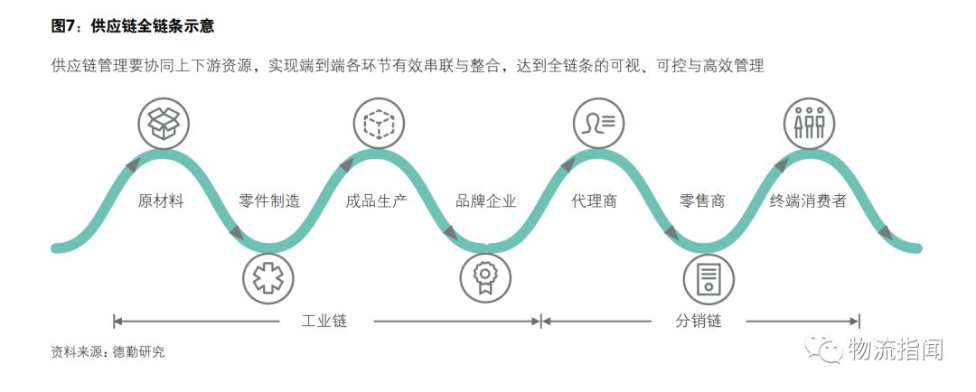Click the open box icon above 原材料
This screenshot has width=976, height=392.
click(x=163, y=124)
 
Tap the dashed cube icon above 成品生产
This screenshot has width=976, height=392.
click(x=379, y=124)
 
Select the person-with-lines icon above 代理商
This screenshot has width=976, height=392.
click(x=599, y=124)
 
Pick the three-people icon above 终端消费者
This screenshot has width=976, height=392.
click(x=808, y=124)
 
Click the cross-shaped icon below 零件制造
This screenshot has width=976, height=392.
click(x=268, y=278)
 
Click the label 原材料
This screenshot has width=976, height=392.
click(x=161, y=201)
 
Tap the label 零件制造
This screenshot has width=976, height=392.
click(x=269, y=201)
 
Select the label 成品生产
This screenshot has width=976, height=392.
click(x=377, y=201)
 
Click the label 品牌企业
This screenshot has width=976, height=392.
click(x=486, y=201)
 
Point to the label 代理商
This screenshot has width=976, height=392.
click(x=595, y=201)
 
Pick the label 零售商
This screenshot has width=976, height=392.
click(x=702, y=201)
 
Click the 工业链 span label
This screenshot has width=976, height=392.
click(x=324, y=321)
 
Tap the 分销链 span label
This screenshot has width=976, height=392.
click(x=699, y=321)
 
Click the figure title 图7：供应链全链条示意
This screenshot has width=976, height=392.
click(x=132, y=26)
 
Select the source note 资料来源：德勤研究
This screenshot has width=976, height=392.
click(x=108, y=352)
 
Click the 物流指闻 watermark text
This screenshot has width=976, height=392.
click(x=896, y=349)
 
